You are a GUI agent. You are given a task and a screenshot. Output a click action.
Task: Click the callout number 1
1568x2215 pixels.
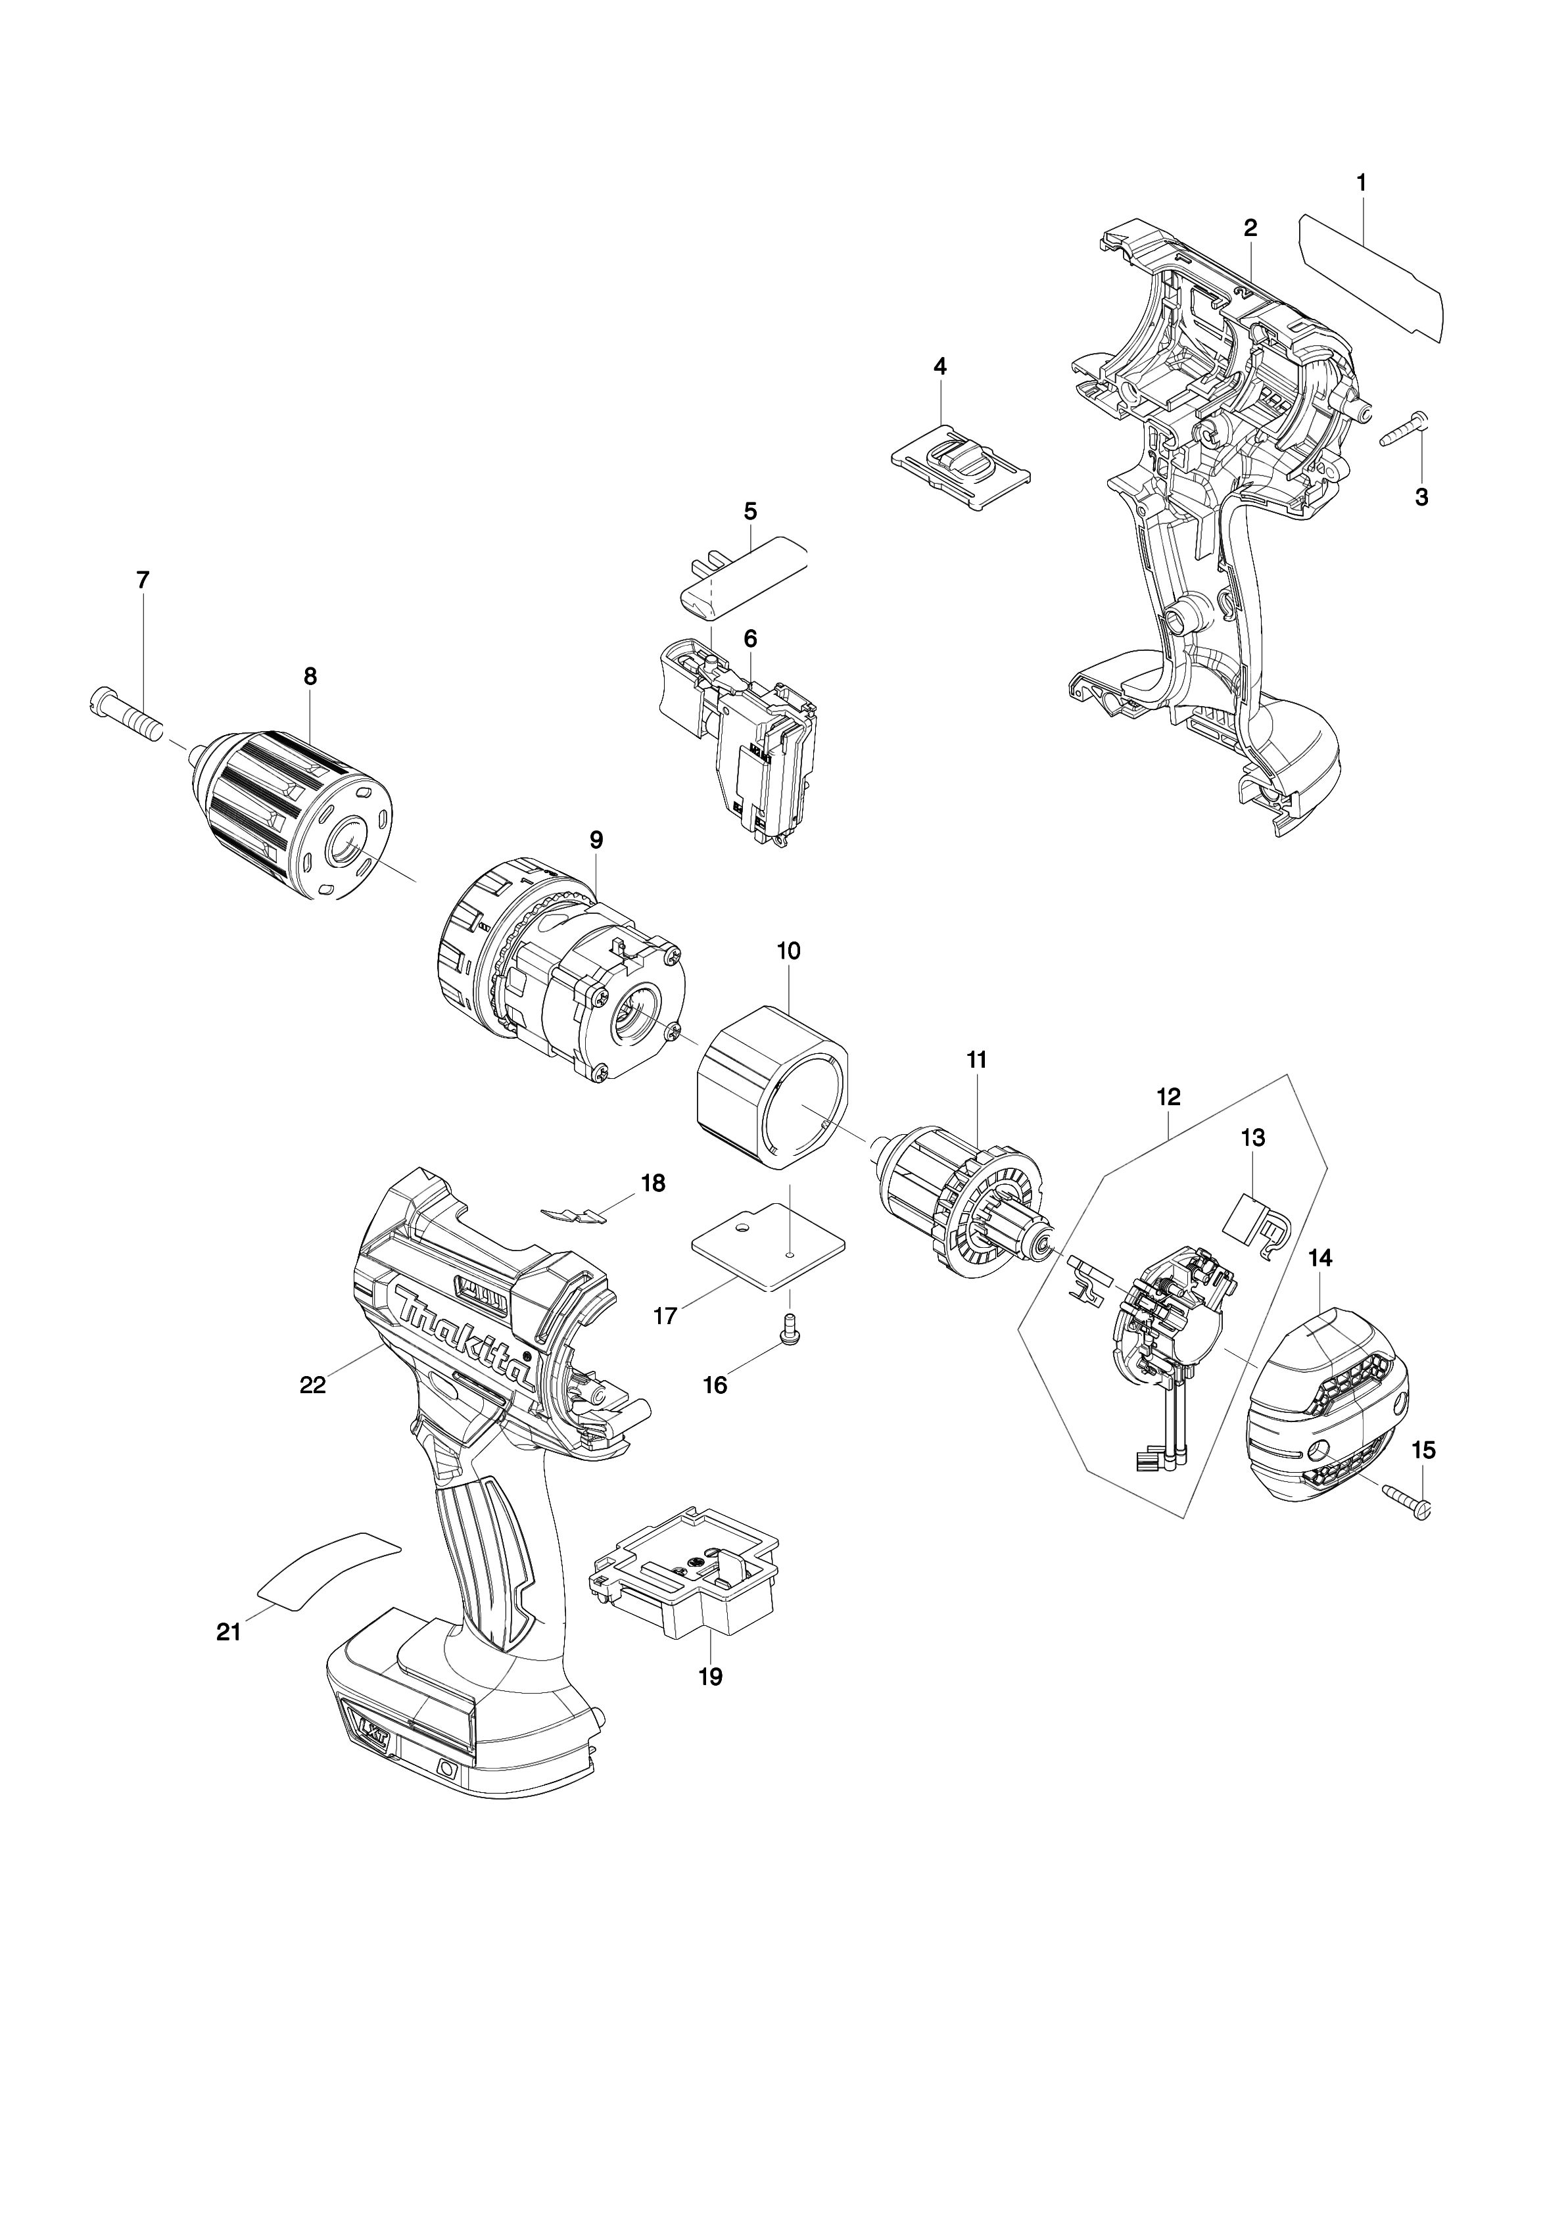tap(1362, 181)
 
